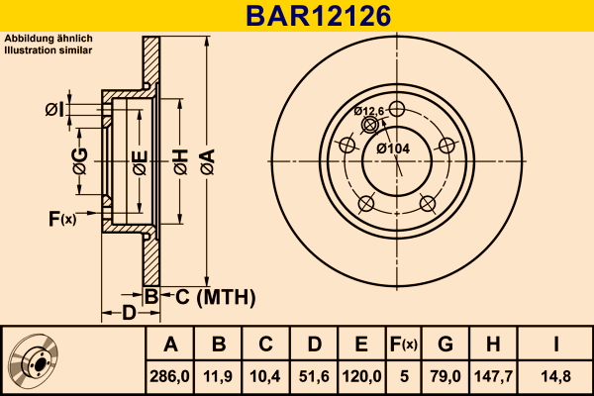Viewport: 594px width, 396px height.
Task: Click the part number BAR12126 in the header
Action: tap(318, 16)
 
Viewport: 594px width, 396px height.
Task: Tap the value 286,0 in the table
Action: tap(169, 376)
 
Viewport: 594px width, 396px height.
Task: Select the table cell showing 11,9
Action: tap(218, 376)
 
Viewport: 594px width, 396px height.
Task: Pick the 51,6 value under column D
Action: tap(314, 376)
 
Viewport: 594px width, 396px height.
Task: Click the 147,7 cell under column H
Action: tap(493, 376)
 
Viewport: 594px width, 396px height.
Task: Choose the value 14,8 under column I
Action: tap(555, 376)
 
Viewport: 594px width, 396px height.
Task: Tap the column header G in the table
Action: tap(445, 345)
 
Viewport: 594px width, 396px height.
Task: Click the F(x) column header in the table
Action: tap(404, 345)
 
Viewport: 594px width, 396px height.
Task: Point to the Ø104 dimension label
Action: tap(393, 148)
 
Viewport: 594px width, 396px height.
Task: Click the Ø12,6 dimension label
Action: tap(369, 111)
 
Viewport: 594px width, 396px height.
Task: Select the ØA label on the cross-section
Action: tap(207, 161)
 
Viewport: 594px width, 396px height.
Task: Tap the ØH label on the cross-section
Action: tap(181, 161)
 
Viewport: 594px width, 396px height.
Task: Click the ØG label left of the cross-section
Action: tap(80, 161)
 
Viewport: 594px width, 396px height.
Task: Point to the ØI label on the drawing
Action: tap(54, 110)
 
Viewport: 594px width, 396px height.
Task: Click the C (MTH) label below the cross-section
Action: tap(215, 297)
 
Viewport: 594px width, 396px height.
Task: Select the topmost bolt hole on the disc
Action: tap(397, 109)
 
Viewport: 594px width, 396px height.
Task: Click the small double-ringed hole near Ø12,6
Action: tap(369, 125)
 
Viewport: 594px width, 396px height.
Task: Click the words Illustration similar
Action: tap(49, 50)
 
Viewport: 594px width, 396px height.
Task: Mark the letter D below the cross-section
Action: tap(129, 313)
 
